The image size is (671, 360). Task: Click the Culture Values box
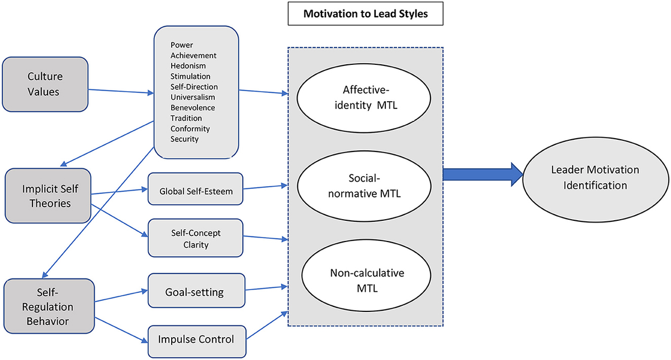coord(45,84)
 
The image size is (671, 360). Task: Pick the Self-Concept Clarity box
coord(196,238)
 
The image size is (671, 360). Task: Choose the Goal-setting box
coord(196,291)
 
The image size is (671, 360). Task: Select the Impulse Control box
coord(196,339)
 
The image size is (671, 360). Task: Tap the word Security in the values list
coord(185,139)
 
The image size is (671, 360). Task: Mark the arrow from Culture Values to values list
coord(121,91)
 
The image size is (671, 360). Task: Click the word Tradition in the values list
coord(186,118)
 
